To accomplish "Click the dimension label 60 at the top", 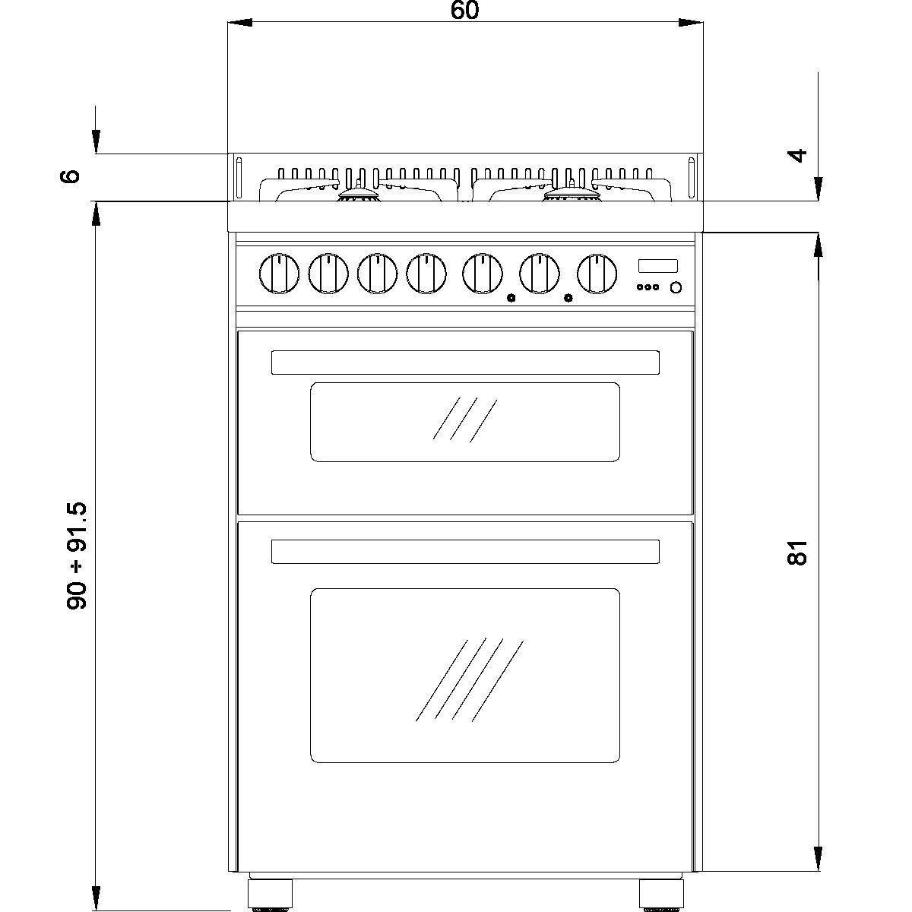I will tap(465, 11).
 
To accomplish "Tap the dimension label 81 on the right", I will tap(796, 553).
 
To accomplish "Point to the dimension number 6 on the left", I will tap(69, 176).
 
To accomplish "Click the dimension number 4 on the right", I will tap(796, 155).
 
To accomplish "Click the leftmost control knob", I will tap(279, 274).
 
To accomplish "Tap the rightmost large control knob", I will tap(597, 274).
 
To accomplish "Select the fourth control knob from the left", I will tap(426, 274).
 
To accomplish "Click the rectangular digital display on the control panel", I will tap(657, 265).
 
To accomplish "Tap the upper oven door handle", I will tap(464, 363).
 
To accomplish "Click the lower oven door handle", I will tap(464, 552).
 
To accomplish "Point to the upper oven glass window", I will tap(464, 422).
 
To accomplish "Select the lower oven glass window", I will tap(464, 675).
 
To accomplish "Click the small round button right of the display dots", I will tap(675, 287).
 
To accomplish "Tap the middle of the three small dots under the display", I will tap(648, 287).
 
